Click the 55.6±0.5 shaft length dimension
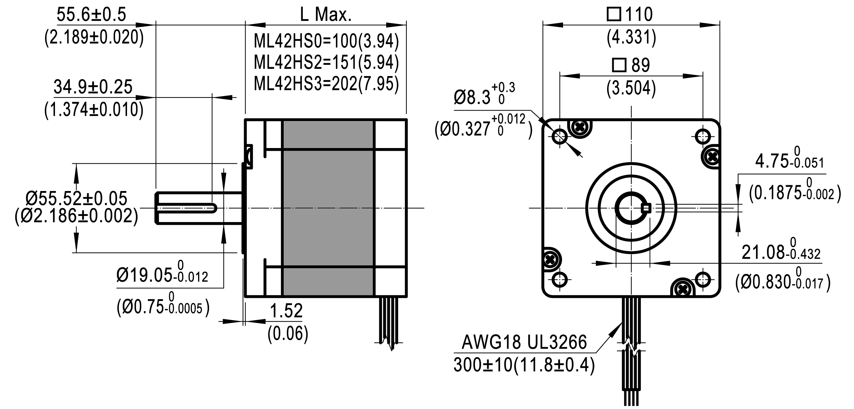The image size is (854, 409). [91, 15]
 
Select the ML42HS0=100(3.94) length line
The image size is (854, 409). [326, 41]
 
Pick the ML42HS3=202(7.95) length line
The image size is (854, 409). [326, 84]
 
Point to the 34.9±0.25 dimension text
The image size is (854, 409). [93, 87]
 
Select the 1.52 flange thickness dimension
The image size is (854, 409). [286, 311]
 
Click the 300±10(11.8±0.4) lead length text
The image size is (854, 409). [524, 365]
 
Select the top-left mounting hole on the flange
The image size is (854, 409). [559, 137]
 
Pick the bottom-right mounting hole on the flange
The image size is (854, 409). [703, 280]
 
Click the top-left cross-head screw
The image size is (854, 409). [579, 128]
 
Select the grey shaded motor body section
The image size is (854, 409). [328, 208]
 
